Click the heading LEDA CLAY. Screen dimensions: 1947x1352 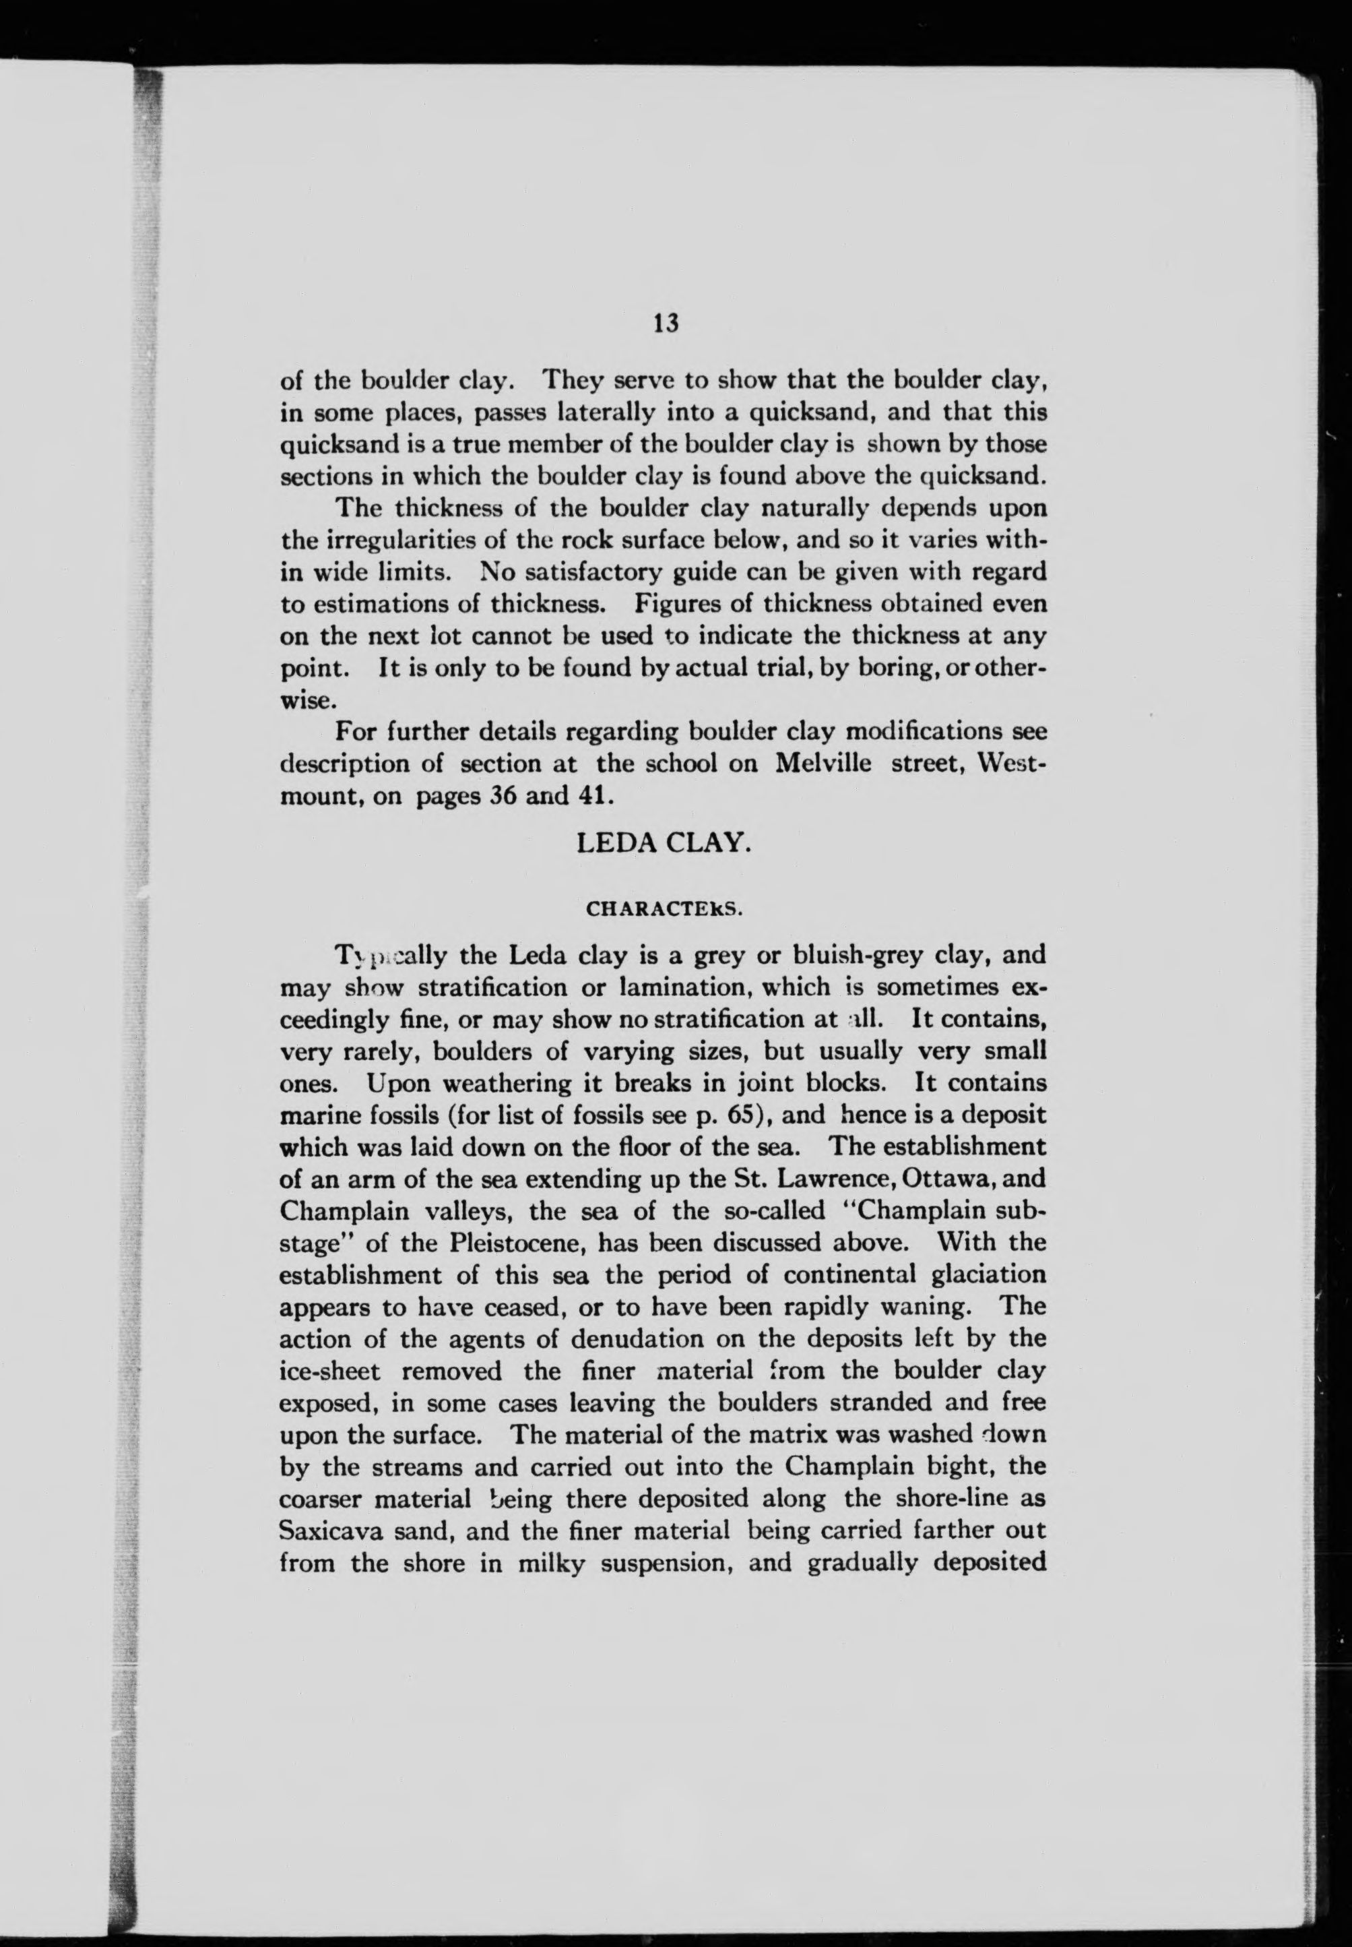pos(664,844)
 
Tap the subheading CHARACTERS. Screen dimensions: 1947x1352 pos(664,909)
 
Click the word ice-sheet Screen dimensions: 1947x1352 pos(329,1371)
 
